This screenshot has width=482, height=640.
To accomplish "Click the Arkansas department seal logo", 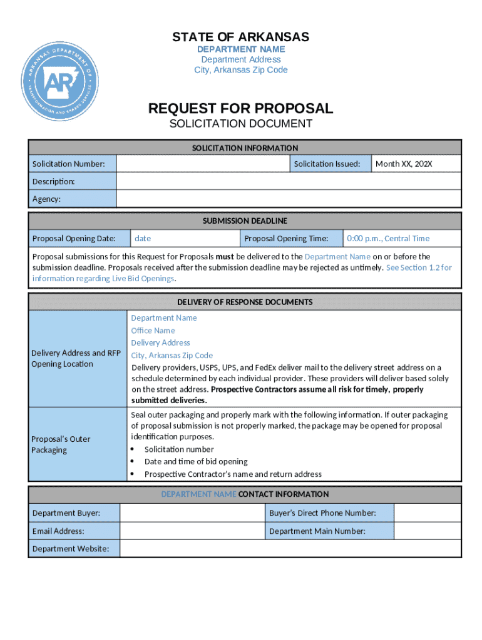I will point(60,82).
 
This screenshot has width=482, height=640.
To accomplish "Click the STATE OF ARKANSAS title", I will point(240,37).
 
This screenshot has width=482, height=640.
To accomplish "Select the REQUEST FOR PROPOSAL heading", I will point(240,109).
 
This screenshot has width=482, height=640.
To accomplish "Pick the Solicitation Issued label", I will point(327,164).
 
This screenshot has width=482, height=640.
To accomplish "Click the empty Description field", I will point(289,181).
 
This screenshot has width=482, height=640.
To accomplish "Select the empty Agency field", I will point(289,199).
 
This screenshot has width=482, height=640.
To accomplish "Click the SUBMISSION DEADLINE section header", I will point(245,221).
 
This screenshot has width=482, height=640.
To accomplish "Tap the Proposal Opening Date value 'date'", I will point(143,238).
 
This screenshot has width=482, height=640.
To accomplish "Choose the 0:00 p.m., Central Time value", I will point(388,238).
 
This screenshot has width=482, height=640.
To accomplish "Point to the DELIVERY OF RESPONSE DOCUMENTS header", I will point(245,302).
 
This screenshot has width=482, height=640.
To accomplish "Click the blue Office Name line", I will point(153,330).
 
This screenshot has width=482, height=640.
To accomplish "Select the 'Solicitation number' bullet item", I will point(179,449).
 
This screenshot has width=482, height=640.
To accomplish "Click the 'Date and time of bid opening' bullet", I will point(196,461).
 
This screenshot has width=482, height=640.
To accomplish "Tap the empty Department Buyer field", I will point(192,513).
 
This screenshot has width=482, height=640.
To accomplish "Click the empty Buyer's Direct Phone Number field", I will point(428,513).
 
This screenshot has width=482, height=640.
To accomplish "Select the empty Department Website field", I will point(290,548).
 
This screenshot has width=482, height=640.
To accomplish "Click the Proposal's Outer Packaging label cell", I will point(78,444).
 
